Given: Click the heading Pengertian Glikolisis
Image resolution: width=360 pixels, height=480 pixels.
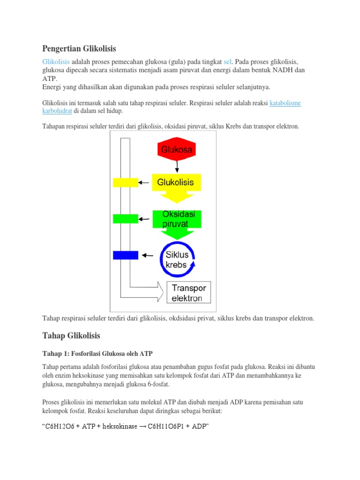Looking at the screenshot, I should coord(79,48).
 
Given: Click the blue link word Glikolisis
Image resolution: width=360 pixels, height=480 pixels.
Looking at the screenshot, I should coord(56,62).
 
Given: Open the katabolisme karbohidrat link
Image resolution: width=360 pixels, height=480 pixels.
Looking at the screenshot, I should coord(285,103).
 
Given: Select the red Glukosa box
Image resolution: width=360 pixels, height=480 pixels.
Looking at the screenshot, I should coord(177,150).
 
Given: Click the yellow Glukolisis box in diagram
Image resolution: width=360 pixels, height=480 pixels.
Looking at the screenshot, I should coord(176,182).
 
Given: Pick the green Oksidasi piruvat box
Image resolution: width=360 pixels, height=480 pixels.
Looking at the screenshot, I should coord(176,219).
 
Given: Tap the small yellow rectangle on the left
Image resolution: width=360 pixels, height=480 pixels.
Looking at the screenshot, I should coord(126,182).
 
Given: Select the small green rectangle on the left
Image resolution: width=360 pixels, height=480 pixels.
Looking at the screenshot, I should coord(126,218).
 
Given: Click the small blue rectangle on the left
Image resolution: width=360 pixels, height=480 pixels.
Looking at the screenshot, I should coord(126,255).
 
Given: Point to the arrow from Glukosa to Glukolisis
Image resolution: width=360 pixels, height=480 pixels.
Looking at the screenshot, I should coord(177,166).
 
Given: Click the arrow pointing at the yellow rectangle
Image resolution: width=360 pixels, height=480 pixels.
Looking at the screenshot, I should coord(144,182).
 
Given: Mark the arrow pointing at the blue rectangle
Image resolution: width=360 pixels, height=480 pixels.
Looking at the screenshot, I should coord(148,255).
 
